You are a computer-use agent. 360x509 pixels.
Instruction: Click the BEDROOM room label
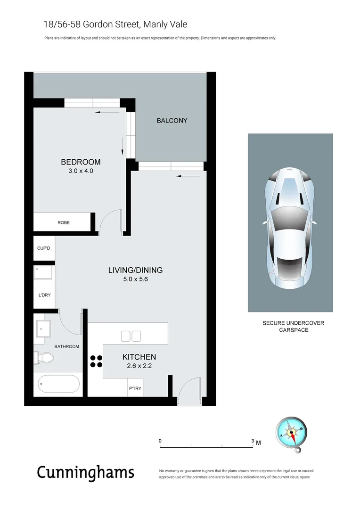click(81, 162)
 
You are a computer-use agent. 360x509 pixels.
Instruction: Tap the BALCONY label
click(172, 121)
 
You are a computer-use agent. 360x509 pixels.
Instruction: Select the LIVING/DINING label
click(135, 271)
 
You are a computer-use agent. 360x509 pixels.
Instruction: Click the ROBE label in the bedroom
click(64, 222)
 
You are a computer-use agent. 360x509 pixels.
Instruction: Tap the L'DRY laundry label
click(44, 296)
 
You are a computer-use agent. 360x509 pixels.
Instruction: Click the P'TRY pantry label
click(135, 389)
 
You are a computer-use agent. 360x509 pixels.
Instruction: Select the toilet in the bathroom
click(44, 358)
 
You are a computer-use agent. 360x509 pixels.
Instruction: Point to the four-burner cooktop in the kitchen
click(96, 361)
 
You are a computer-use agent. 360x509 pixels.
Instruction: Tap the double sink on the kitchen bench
click(131, 336)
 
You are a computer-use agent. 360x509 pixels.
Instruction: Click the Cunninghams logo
click(86, 472)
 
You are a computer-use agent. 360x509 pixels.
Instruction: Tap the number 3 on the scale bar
click(253, 442)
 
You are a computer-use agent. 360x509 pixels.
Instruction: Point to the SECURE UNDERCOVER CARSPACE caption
click(293, 327)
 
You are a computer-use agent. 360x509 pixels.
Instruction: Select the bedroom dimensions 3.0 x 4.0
click(81, 171)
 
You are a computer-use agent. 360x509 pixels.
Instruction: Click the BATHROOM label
click(66, 346)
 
